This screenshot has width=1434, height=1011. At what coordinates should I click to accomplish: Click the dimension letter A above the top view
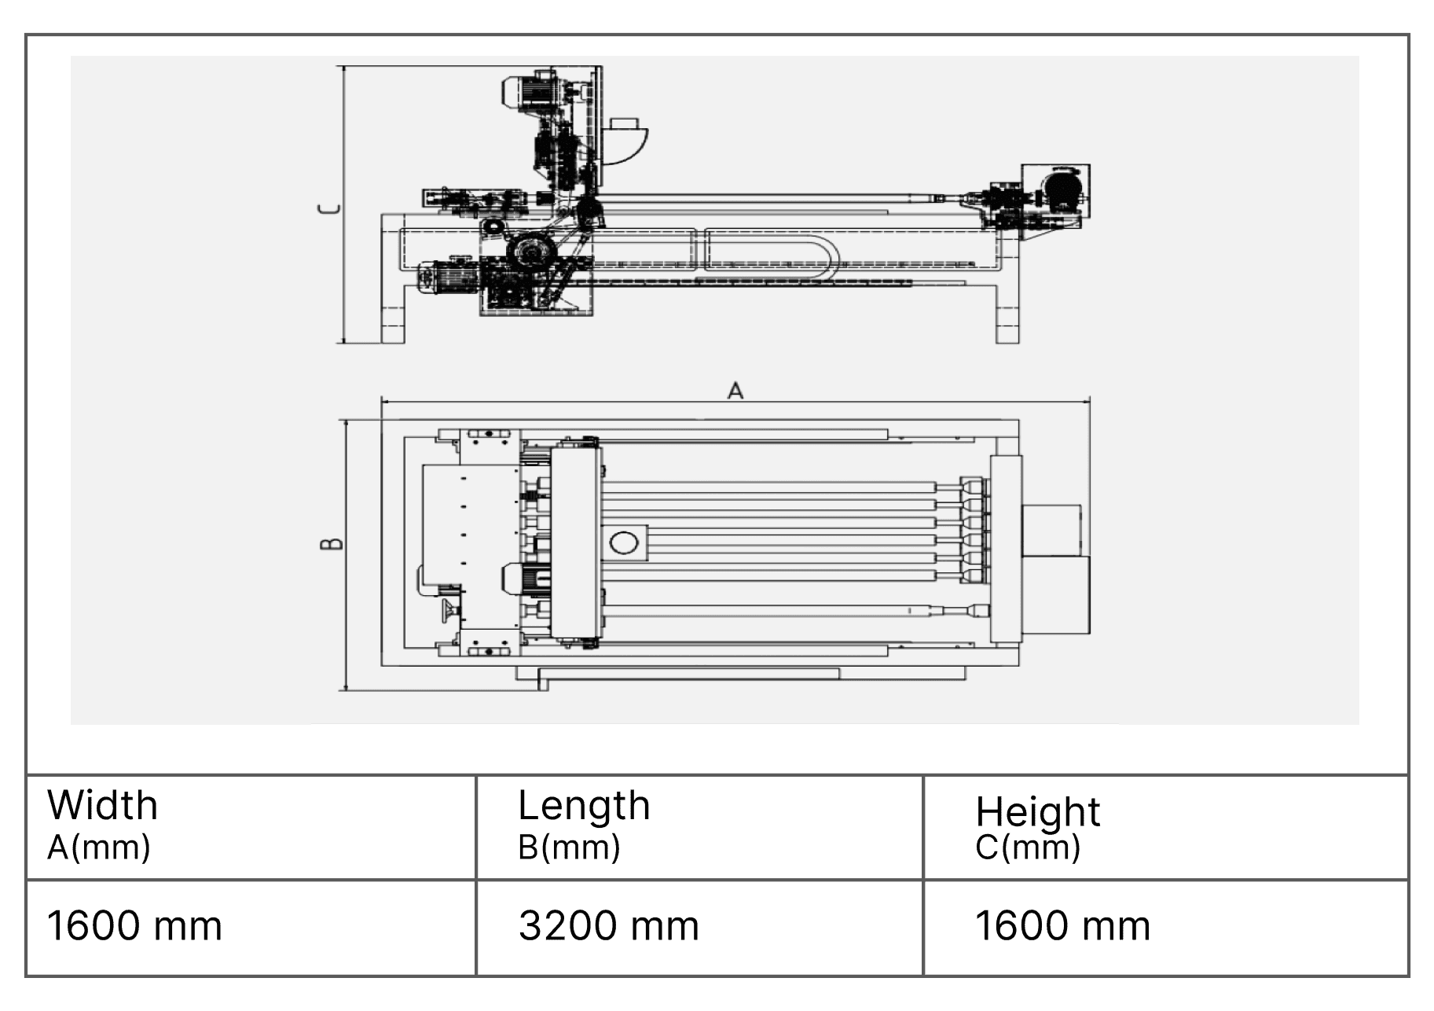[x=735, y=391]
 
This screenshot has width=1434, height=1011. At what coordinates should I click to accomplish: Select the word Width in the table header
[x=102, y=805]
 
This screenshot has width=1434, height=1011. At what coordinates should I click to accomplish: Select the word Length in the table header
[x=584, y=806]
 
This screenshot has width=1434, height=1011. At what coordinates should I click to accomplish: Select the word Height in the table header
[x=1037, y=812]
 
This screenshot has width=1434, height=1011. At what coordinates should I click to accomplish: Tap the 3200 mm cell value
[x=608, y=925]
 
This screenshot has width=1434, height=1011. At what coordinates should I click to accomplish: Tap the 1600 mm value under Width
[x=134, y=925]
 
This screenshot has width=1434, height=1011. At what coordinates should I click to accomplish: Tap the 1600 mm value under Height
[x=1062, y=925]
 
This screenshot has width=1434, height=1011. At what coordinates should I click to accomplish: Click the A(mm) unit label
[x=98, y=847]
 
